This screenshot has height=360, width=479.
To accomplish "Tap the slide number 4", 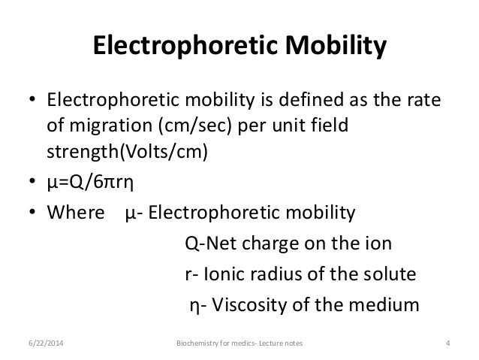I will pyautogui.click(x=447, y=344).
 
